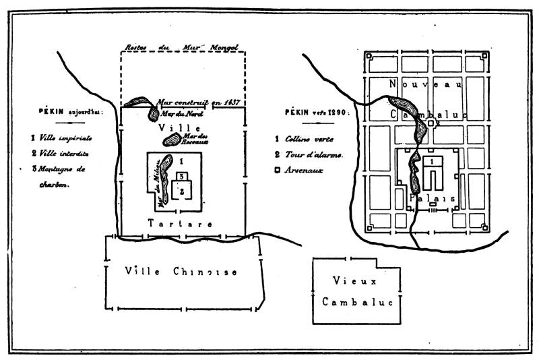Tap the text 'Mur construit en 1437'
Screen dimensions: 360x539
199,102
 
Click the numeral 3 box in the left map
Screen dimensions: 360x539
181,177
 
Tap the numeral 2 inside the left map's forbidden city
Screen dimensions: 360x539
182,191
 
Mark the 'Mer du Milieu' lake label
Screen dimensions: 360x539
160,181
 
